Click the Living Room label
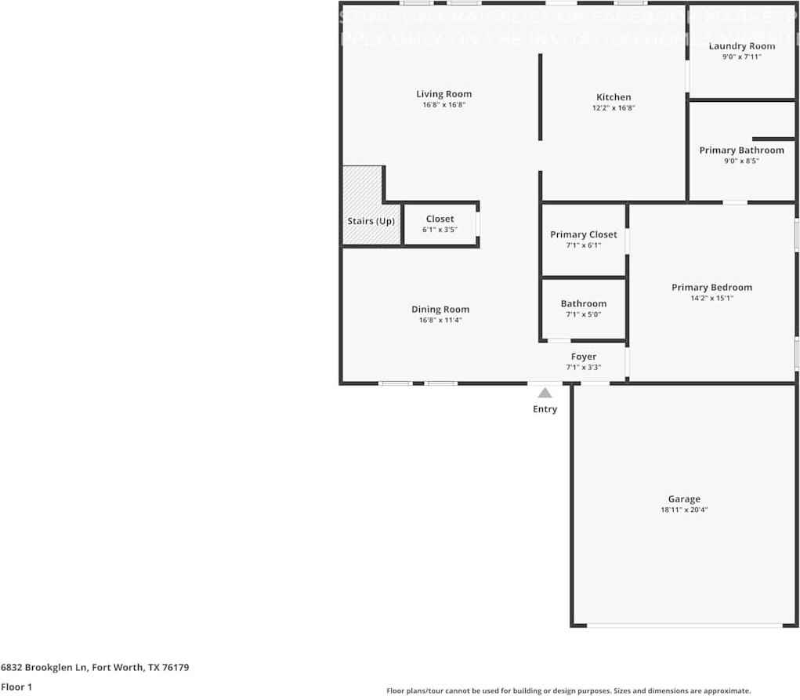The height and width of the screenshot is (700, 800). (x=443, y=94)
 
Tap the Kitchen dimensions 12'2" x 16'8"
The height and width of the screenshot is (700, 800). (x=613, y=108)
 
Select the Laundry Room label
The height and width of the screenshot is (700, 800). (x=741, y=46)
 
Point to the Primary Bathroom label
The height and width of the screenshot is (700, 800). (x=741, y=151)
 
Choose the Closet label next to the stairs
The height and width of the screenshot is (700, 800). (x=440, y=219)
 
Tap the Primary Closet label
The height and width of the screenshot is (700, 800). (x=583, y=234)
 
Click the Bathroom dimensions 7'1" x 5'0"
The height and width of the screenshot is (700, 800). (x=583, y=314)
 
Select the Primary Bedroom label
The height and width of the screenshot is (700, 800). (x=711, y=288)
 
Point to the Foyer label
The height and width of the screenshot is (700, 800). (x=583, y=357)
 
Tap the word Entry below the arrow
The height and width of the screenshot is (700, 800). (x=545, y=409)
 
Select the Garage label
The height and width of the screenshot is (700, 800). (x=684, y=499)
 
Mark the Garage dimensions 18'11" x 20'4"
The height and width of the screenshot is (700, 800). (x=684, y=510)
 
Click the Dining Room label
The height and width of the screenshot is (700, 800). (x=440, y=309)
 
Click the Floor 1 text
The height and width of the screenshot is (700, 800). (x=16, y=687)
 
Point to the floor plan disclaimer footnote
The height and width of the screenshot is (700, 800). (x=568, y=691)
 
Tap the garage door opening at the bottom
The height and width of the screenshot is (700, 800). (x=684, y=625)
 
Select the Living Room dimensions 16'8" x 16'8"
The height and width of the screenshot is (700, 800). (x=443, y=105)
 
